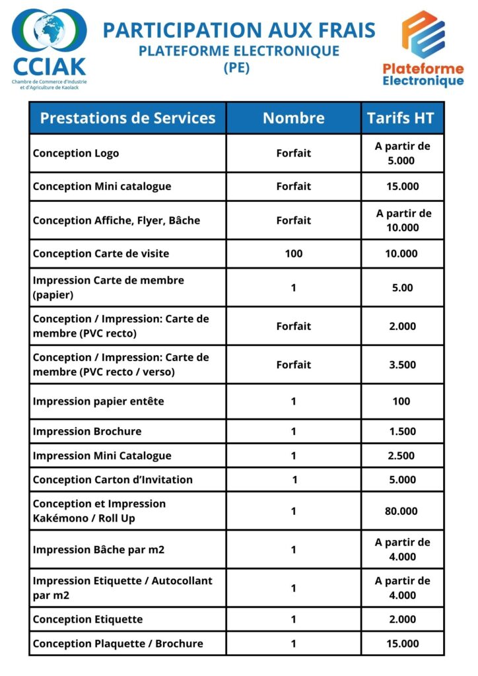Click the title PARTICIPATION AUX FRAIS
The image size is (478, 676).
coord(239,30)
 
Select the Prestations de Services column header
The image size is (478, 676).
coord(127,118)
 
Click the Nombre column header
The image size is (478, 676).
coord(294,118)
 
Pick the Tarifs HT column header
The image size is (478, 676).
coord(401,118)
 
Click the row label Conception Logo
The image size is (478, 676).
coord(76,153)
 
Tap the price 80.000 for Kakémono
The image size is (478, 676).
coord(401,511)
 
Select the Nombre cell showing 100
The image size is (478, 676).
coord(294,253)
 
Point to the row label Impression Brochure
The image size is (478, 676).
coord(87,432)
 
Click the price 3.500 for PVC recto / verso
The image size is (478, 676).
coord(401,364)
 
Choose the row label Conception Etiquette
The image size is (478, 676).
coord(88,619)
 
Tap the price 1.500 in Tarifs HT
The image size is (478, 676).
coord(401,432)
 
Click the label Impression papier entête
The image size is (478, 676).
coord(98,401)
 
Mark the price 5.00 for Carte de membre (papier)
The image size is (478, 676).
coord(401,288)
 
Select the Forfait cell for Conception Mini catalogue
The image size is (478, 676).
coord(294,186)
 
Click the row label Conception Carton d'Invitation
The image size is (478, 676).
coord(113,480)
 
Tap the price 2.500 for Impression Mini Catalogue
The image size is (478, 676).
coord(401,456)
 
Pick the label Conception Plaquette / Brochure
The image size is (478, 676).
coord(118,644)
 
